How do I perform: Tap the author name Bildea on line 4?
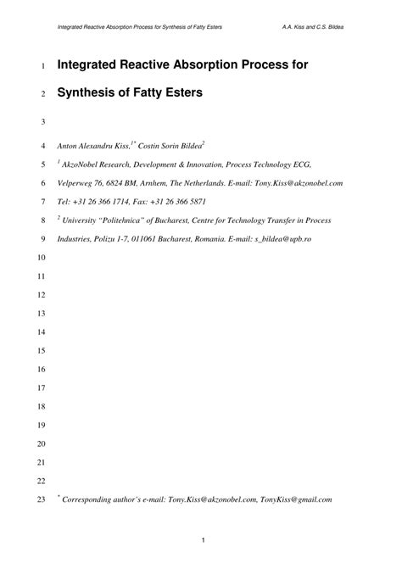click(x=189, y=146)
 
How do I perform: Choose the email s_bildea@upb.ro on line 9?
click(x=283, y=239)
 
